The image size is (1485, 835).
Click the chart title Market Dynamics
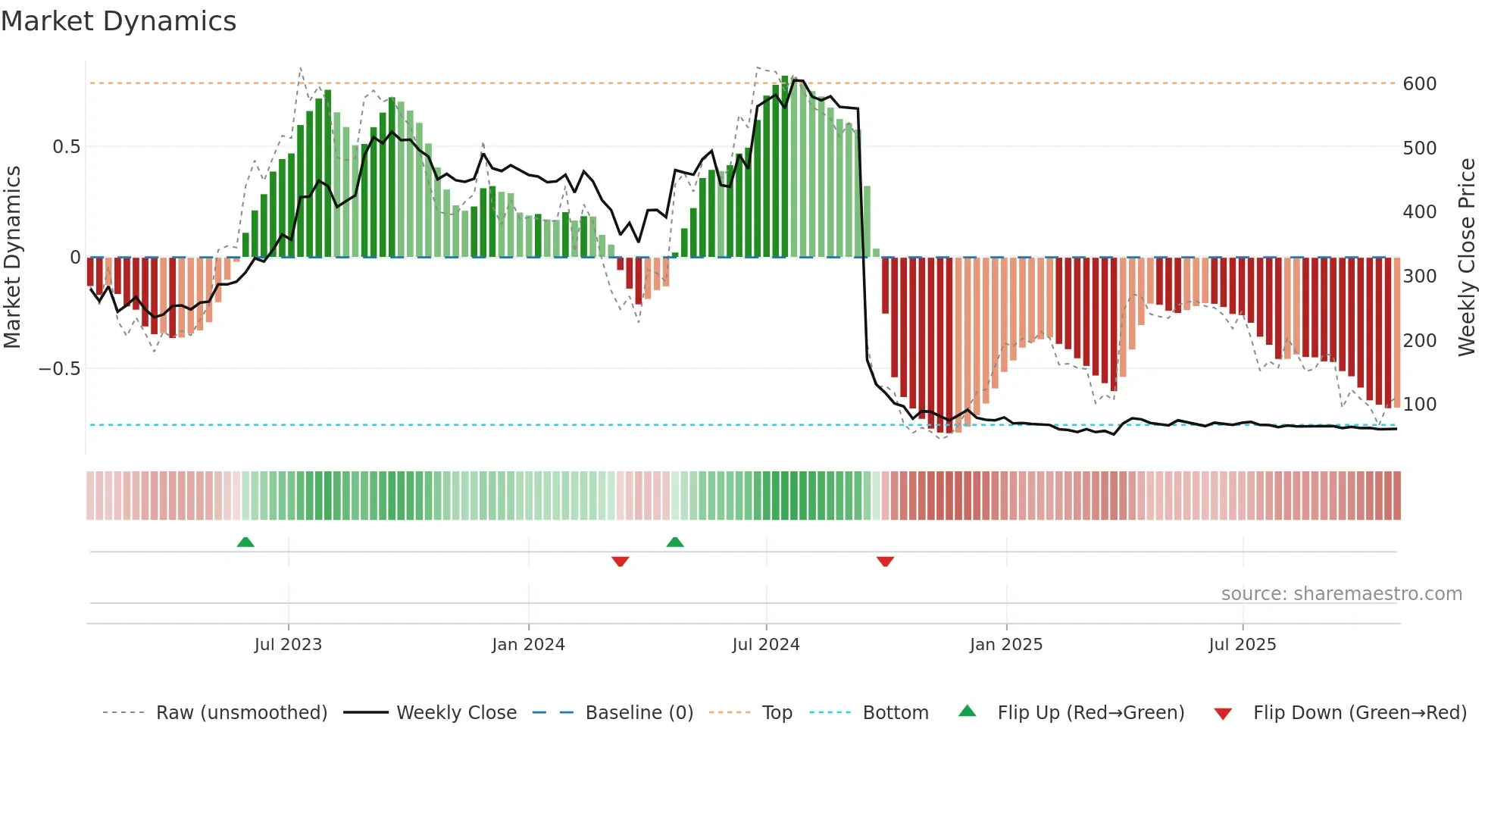118,21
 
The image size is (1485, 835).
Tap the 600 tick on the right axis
1419,83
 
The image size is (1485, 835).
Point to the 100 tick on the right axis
1419,405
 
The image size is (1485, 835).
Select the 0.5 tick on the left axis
66,146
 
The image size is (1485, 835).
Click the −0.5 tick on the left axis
60,369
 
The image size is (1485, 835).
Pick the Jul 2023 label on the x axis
288,645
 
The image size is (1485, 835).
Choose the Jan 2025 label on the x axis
1005,645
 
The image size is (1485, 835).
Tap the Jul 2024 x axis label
765,645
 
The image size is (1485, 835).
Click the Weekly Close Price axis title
1467,258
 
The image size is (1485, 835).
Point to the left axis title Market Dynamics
12,258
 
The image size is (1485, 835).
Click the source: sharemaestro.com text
1341,594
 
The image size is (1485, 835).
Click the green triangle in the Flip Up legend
968,711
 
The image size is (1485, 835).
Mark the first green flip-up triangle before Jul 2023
245,543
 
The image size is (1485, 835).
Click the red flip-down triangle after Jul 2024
885,561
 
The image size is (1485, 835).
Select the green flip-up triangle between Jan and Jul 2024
675,543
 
